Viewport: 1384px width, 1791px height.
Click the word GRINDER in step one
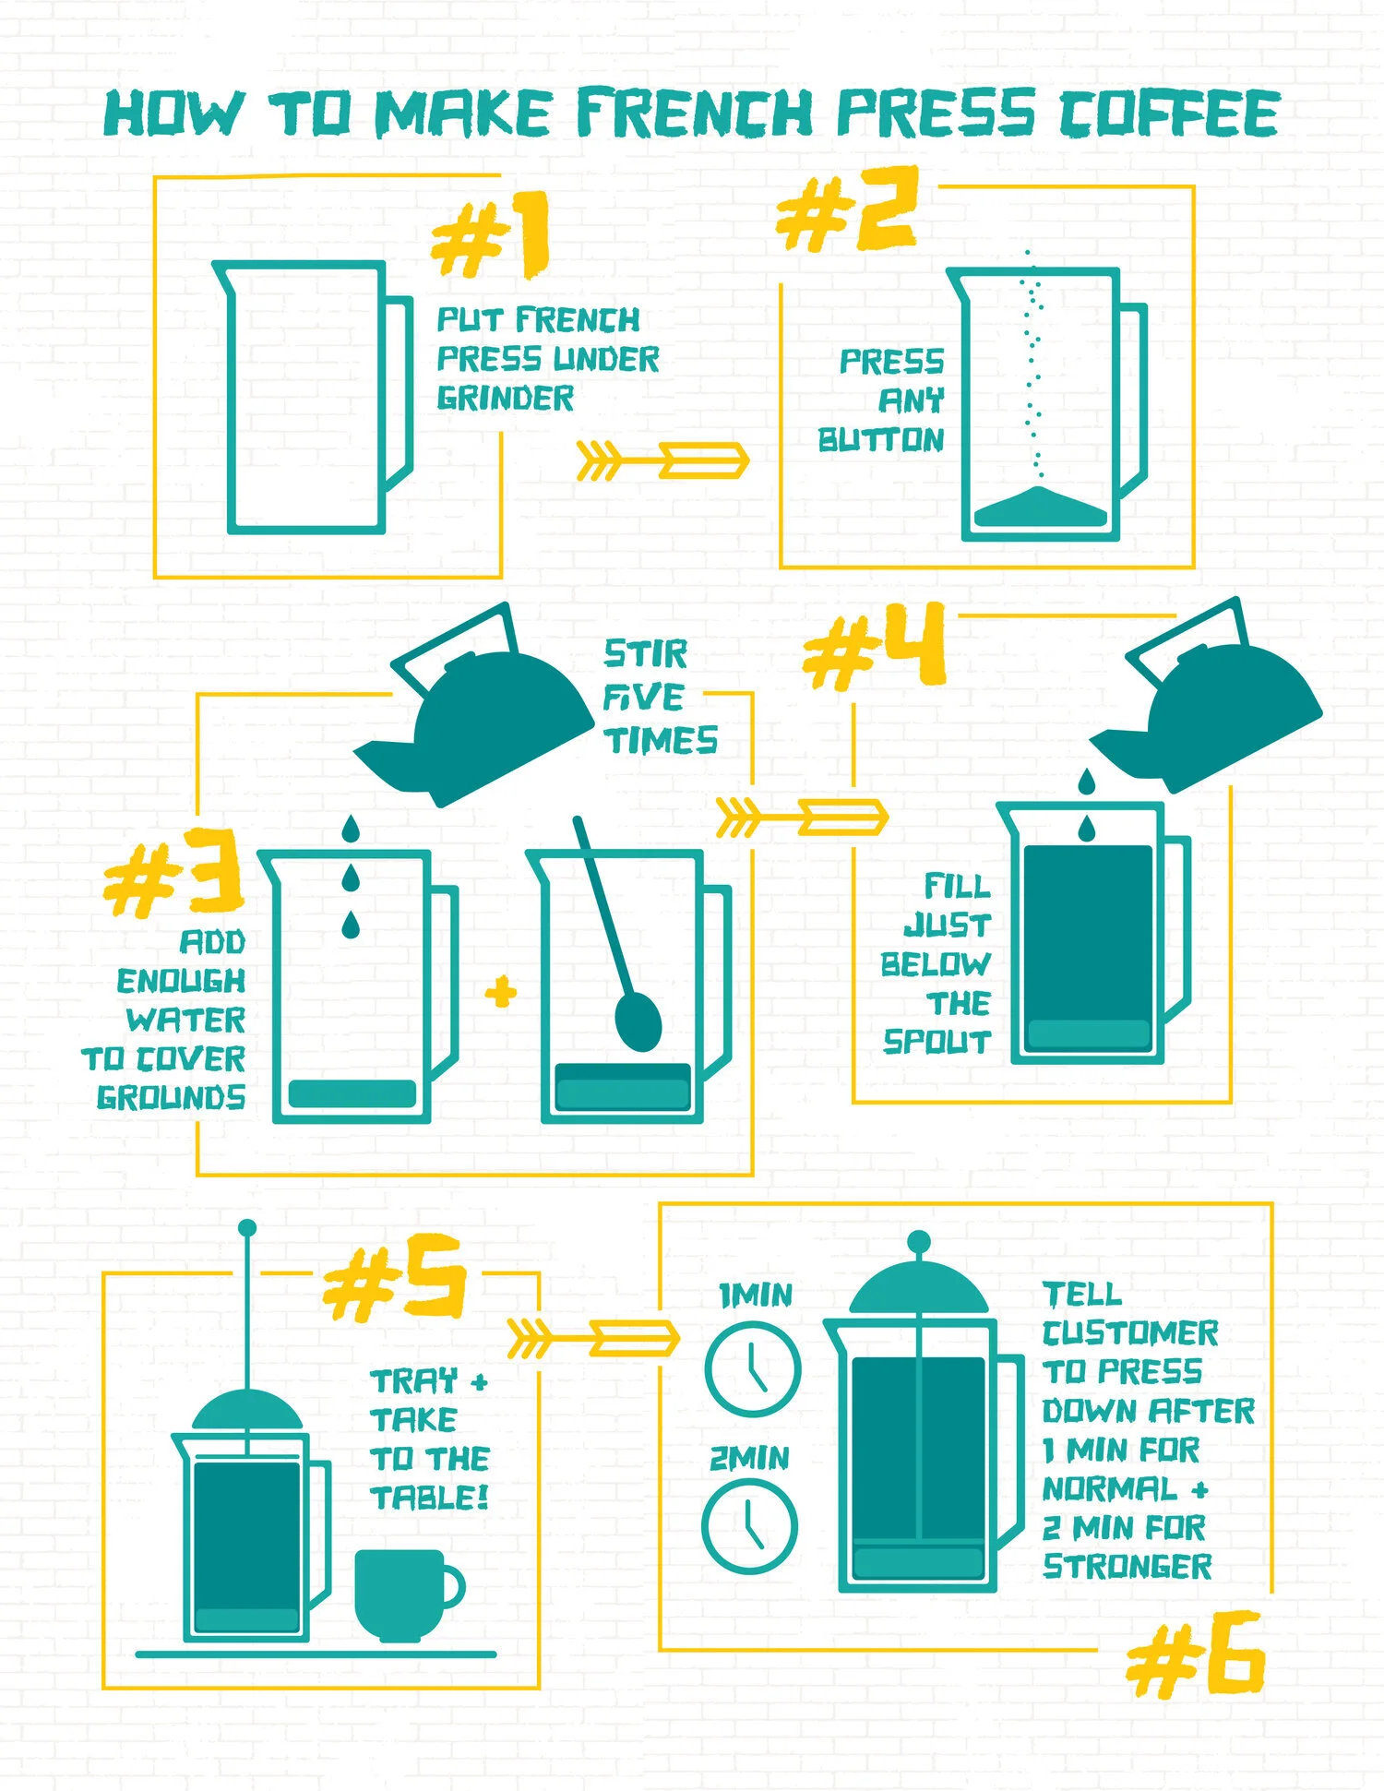tap(506, 399)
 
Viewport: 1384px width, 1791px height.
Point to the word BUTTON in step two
tap(881, 440)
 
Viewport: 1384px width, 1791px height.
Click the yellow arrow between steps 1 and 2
tap(662, 460)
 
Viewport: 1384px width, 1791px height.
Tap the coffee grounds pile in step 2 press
tap(1040, 508)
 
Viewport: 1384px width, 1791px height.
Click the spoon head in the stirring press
tap(638, 1021)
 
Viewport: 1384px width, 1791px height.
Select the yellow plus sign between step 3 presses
tap(501, 993)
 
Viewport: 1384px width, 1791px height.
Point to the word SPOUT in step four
tap(937, 1043)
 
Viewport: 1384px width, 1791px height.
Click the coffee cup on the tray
tap(404, 1594)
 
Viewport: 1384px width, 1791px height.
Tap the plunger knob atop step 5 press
tap(246, 1229)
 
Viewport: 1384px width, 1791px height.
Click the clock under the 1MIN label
tap(752, 1368)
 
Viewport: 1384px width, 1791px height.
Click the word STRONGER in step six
tap(1127, 1567)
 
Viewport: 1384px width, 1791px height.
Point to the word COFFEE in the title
tap(1169, 113)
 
